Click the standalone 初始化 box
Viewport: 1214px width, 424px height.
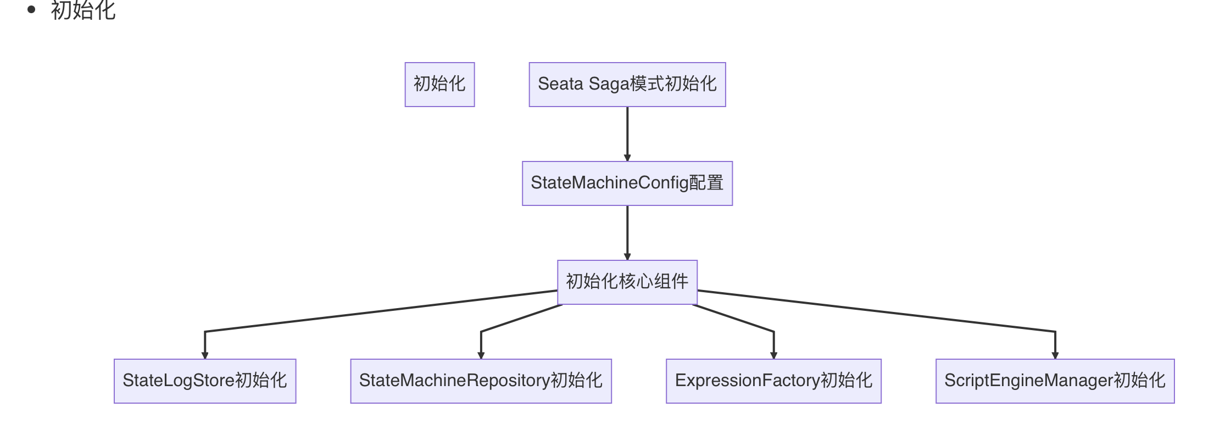coord(439,84)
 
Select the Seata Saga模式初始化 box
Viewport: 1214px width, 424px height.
coord(627,84)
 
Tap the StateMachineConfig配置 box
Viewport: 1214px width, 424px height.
coord(627,183)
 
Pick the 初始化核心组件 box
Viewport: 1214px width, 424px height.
coord(627,282)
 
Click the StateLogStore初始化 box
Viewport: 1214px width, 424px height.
coord(204,381)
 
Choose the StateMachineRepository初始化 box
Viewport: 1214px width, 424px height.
coord(481,381)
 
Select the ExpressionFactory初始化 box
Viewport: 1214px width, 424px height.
coord(773,381)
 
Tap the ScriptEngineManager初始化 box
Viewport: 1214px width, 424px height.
coord(1055,381)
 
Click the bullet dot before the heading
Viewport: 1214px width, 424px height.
coord(31,9)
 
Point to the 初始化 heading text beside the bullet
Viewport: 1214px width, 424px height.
coord(83,10)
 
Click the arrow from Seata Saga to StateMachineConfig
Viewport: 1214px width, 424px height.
coord(627,132)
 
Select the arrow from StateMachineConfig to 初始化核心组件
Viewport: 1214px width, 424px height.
coord(627,231)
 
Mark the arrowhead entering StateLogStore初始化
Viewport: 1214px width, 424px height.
coord(205,355)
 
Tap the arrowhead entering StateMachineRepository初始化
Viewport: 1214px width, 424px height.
coord(481,355)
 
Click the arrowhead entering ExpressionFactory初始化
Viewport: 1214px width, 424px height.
coord(773,355)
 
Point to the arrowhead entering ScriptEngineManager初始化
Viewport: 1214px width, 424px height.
coord(1055,355)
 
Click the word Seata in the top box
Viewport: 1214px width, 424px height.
coord(560,84)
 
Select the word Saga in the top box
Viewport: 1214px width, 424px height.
coord(609,84)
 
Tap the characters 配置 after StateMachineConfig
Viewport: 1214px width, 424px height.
coord(706,183)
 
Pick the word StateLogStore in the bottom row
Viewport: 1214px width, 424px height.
coord(178,381)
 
